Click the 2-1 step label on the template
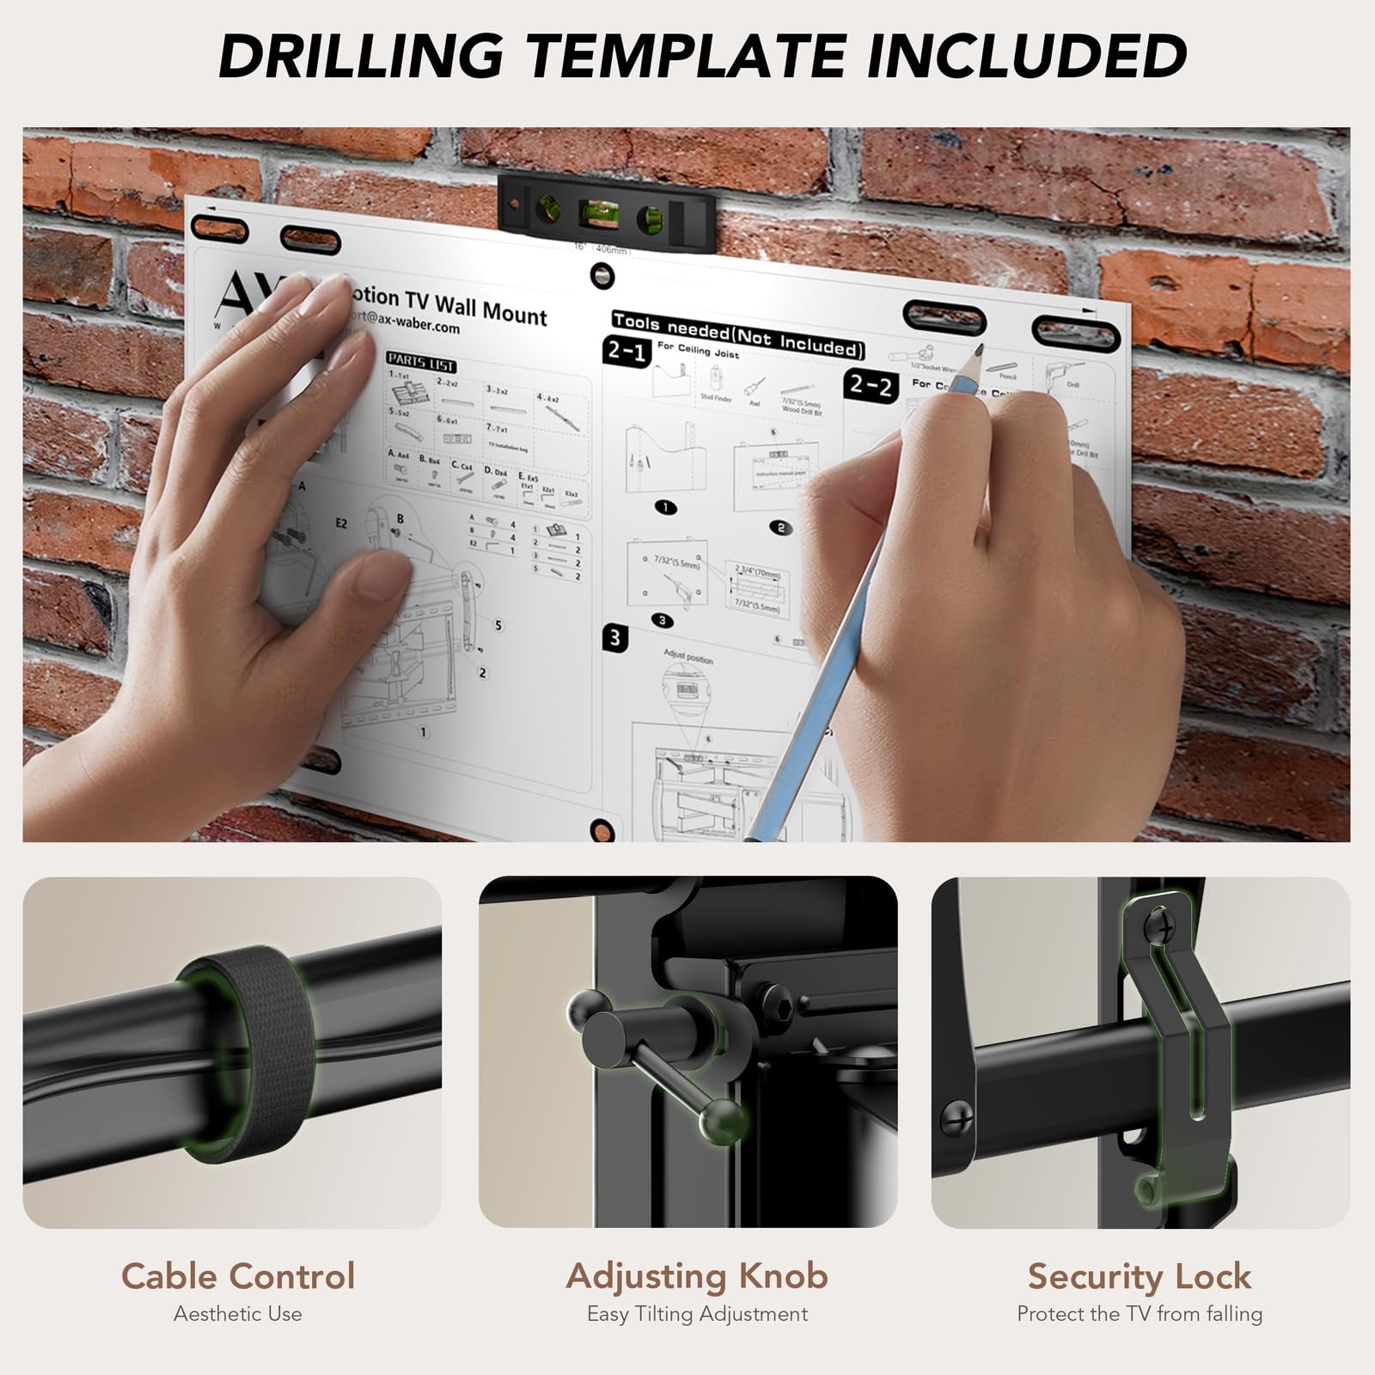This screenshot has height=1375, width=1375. coord(627,351)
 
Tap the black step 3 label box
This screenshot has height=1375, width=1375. coord(615,638)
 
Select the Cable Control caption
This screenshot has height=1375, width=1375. coord(237,1276)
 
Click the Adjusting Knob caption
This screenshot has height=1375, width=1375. coord(696,1276)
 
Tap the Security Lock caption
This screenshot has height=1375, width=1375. coord(1139,1276)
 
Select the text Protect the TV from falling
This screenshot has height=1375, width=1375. coord(1139,1314)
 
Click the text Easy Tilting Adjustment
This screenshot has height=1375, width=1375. coord(696,1314)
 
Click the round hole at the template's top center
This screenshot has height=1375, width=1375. coord(602,277)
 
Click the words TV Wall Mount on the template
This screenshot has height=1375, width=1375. coord(477,307)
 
